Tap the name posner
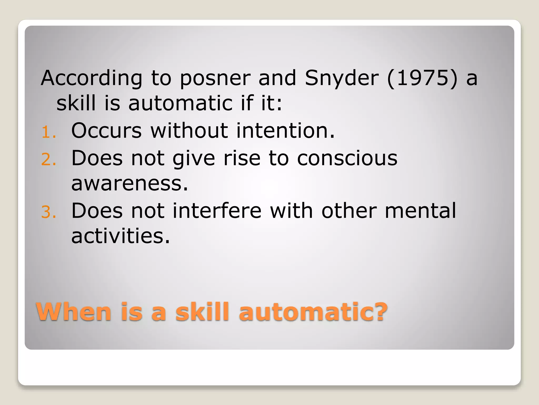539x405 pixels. tap(215, 78)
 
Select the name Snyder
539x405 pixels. tap(342, 78)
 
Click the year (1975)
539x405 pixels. tap(423, 78)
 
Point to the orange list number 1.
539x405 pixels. tap(48, 132)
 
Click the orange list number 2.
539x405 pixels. tap(48, 160)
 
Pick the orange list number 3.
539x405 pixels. tap(48, 212)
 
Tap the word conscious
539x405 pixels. tap(347, 158)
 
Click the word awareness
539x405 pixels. tap(129, 184)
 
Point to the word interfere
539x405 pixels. tap(217, 211)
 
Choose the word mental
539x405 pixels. tap(420, 211)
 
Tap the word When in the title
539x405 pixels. tap(74, 312)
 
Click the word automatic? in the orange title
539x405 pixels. tap(313, 312)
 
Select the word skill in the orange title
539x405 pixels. tap(202, 312)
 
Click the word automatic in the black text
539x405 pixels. tap(180, 103)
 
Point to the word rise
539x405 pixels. tap(242, 158)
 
